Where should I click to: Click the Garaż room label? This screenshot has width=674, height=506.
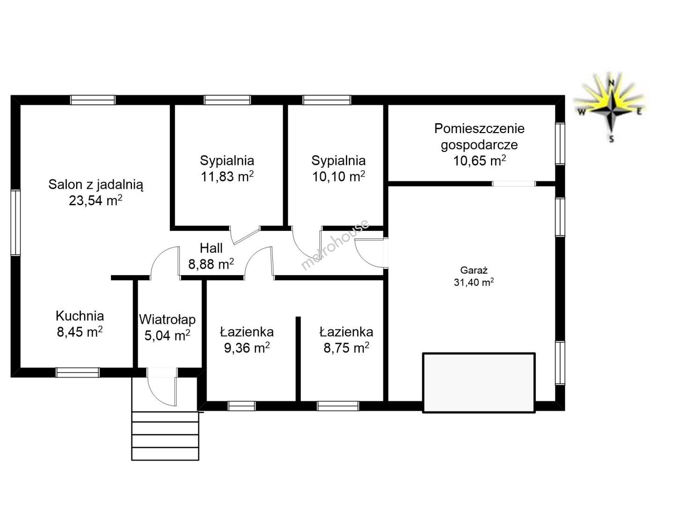coord(474,270)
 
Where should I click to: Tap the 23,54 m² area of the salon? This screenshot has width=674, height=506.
coord(95,201)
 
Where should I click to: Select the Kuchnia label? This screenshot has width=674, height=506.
coord(80,316)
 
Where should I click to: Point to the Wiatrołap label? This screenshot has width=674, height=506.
coord(168,320)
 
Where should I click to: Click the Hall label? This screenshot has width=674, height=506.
coord(211,248)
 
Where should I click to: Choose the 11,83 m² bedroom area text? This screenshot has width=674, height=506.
coord(227,176)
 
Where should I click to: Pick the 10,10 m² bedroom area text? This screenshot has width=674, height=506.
coord(339,176)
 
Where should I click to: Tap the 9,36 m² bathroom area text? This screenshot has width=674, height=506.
coord(247,348)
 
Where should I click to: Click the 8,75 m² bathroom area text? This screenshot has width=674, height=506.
coord(346,348)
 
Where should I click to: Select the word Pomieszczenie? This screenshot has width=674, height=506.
coord(479,128)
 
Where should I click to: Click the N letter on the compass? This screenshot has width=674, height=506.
coord(611,82)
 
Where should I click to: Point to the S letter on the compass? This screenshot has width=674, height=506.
coord(612,139)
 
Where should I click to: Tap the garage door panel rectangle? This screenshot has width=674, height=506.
coord(479,382)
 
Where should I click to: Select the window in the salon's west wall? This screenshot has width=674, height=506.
coord(15,223)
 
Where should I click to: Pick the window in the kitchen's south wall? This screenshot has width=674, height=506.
coord(78,372)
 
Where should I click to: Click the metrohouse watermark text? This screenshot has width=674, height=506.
coord(335,245)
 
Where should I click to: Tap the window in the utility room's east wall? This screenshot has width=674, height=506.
coord(560,144)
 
